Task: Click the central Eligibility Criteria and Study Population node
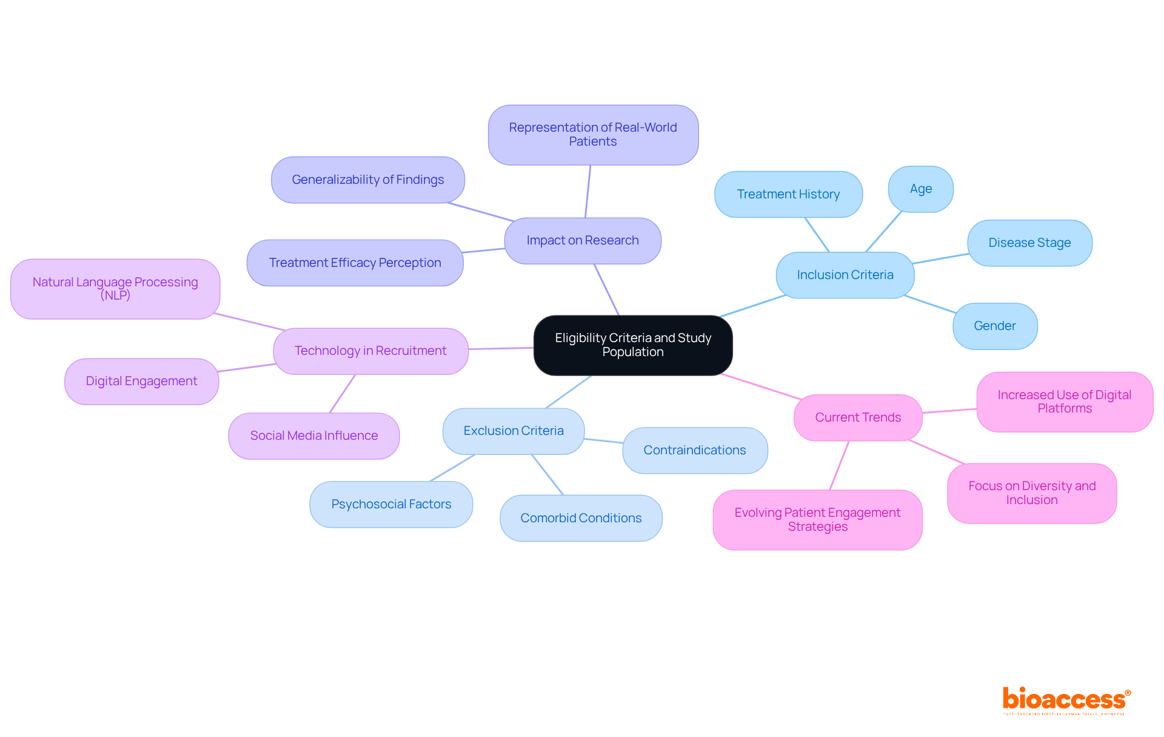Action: click(633, 345)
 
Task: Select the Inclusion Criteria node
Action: click(845, 275)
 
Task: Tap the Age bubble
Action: click(920, 189)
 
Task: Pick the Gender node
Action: click(994, 326)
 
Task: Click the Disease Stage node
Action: click(1029, 243)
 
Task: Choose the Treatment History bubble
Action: click(788, 195)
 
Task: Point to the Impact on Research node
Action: click(582, 241)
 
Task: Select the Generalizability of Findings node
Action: click(367, 180)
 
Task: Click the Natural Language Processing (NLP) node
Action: click(115, 289)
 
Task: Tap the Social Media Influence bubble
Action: click(313, 436)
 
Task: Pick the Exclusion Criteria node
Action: click(513, 431)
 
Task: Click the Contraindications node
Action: click(694, 451)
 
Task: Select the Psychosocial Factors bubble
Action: click(391, 505)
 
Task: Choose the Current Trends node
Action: click(858, 418)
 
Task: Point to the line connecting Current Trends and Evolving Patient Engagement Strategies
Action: click(839, 465)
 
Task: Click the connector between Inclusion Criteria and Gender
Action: click(929, 305)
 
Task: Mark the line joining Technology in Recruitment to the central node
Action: click(501, 349)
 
